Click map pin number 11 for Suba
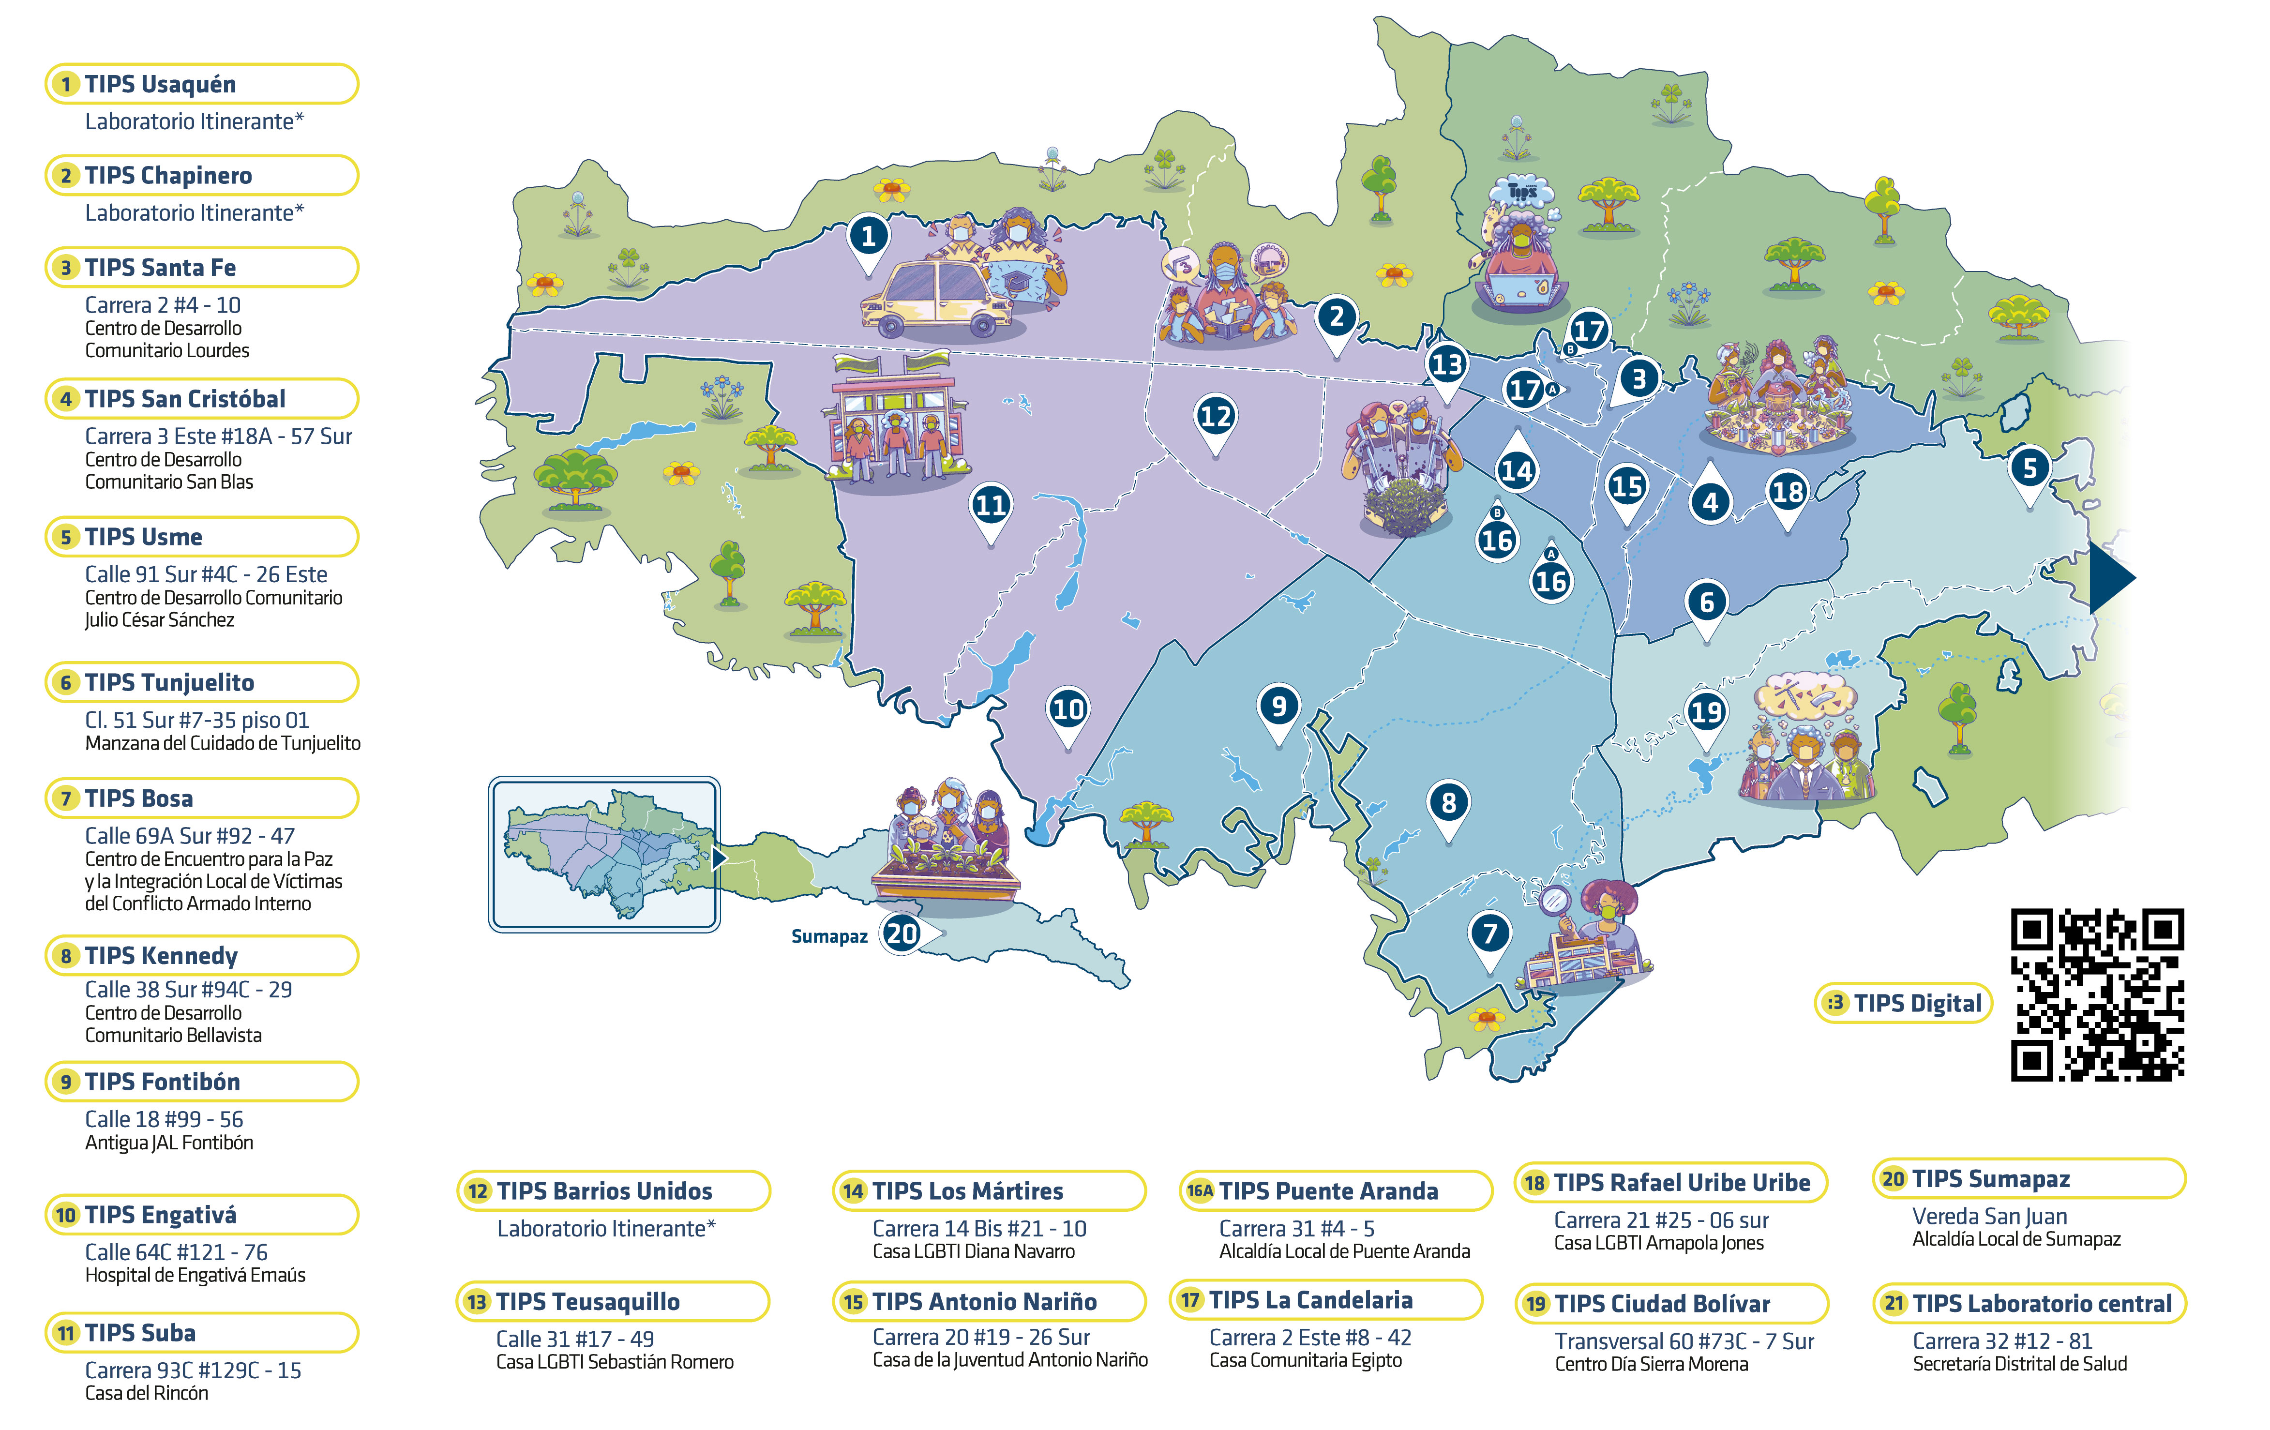tap(990, 506)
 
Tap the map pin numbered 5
tap(2029, 468)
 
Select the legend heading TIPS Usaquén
tap(160, 84)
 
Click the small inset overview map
tap(604, 854)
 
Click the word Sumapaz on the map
tap(828, 936)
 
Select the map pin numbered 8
tap(1448, 803)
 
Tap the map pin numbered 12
tap(1215, 417)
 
